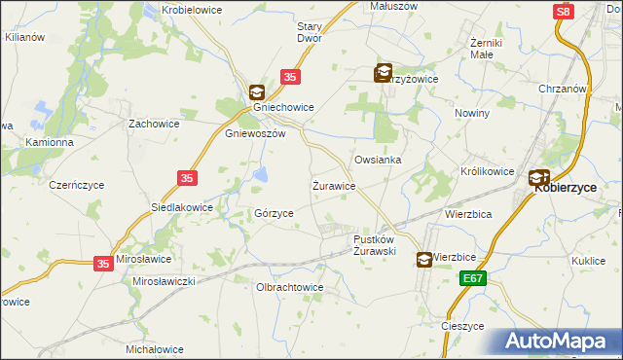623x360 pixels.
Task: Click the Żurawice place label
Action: point(333,185)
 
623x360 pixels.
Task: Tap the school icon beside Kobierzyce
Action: point(538,178)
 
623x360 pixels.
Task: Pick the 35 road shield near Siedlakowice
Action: point(188,177)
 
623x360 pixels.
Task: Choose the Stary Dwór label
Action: point(310,32)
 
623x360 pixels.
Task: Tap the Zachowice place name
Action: point(151,125)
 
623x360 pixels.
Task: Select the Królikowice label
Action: point(487,171)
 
